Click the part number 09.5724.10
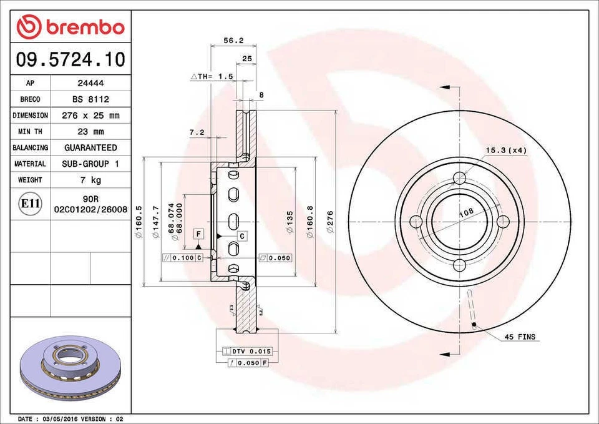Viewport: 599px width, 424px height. click(x=71, y=60)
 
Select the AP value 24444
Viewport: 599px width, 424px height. click(x=90, y=83)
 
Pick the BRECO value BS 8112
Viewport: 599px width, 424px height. click(x=90, y=99)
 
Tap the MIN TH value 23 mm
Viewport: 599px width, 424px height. click(x=90, y=132)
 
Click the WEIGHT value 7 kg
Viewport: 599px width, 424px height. click(x=90, y=180)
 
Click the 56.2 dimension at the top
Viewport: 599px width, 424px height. click(x=233, y=41)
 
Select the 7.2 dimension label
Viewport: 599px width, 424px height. click(x=197, y=132)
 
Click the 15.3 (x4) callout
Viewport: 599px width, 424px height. click(x=507, y=150)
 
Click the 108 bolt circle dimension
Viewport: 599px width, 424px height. click(x=465, y=212)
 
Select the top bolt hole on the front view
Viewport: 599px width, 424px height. click(x=460, y=179)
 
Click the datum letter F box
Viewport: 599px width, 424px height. click(x=198, y=234)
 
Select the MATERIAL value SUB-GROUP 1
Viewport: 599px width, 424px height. click(x=90, y=164)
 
